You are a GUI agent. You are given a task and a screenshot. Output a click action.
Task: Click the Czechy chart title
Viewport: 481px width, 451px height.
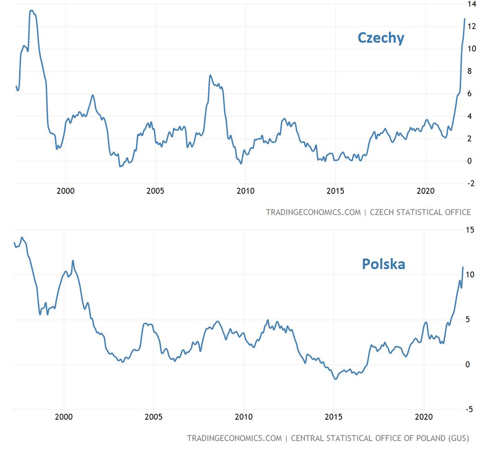380,38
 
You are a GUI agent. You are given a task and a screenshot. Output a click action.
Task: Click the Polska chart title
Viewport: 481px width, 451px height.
383,264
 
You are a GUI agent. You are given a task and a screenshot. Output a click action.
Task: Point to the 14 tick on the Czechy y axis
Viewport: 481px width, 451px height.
471,4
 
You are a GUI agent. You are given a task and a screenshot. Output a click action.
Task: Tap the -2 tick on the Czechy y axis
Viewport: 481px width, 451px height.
470,184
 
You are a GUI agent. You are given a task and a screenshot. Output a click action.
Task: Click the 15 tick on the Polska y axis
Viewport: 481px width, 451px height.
470,230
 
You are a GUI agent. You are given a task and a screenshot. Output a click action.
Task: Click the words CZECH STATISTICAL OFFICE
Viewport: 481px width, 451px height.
420,212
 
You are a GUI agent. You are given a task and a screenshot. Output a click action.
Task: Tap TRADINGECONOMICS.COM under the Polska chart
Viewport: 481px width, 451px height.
234,438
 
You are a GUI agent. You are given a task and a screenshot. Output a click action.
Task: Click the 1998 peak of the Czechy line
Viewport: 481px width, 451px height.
31,11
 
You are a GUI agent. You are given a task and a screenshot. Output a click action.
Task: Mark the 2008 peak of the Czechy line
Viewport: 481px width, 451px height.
210,75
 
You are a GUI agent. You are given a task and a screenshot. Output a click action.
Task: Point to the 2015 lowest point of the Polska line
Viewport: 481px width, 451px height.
336,379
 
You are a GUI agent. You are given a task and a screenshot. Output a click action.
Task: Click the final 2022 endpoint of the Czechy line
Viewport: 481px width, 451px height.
464,19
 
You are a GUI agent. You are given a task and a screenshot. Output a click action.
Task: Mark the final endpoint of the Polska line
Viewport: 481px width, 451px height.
463,267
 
